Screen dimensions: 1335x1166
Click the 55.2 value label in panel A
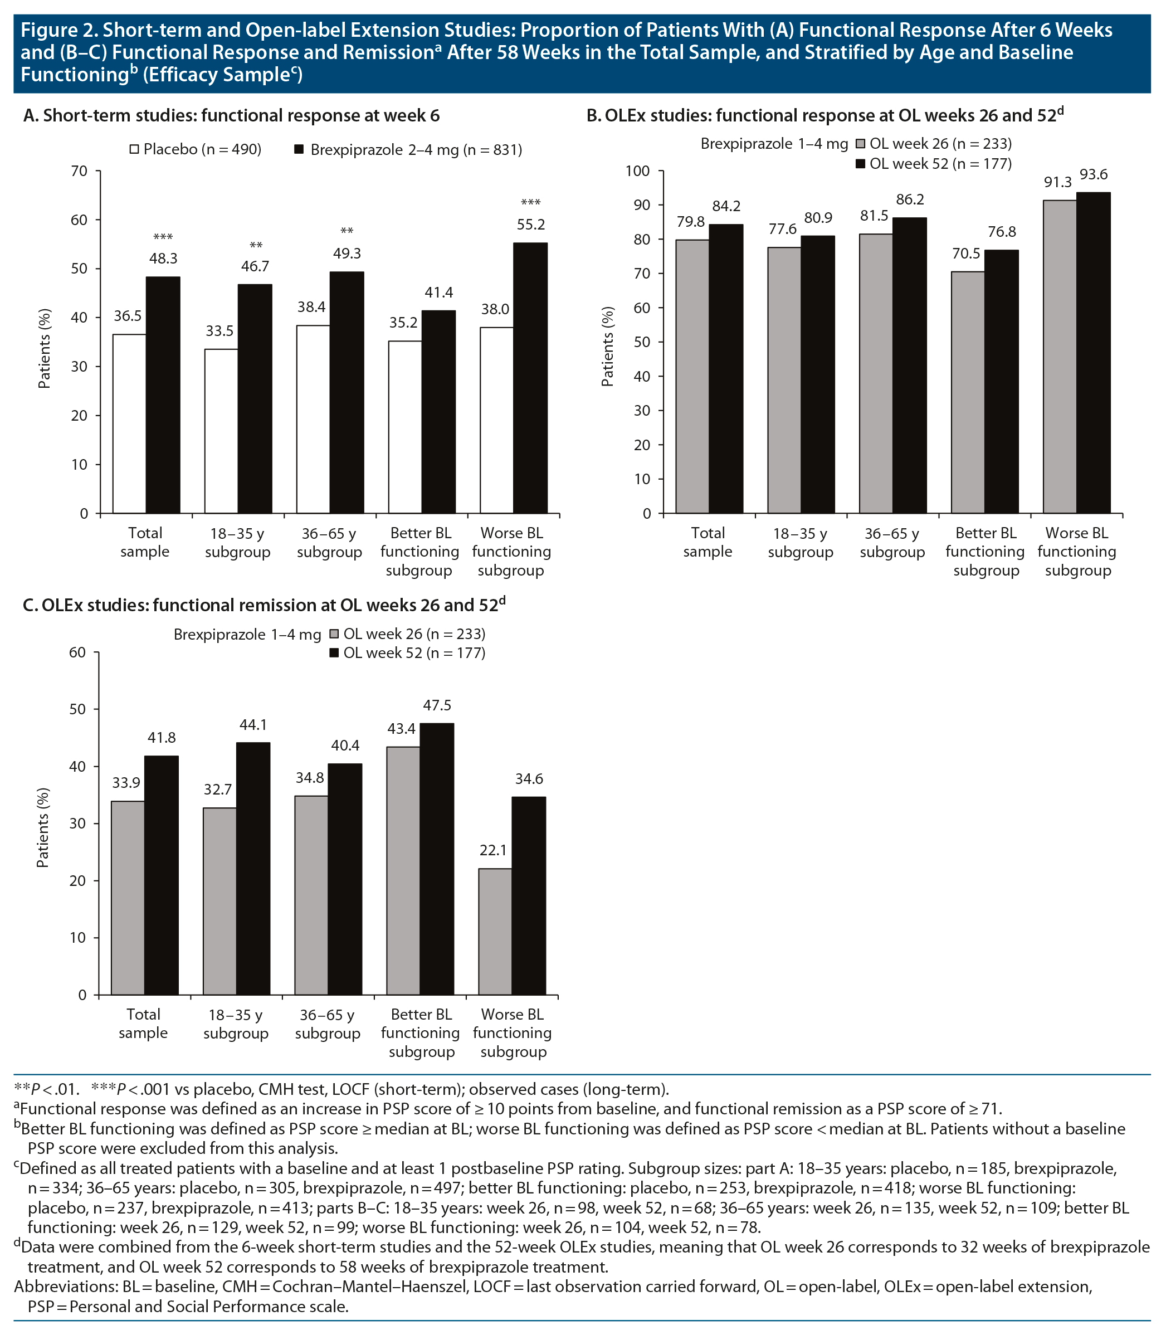click(x=530, y=225)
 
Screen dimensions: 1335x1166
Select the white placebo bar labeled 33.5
click(x=221, y=431)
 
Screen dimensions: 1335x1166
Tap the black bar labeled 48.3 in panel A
click(x=163, y=394)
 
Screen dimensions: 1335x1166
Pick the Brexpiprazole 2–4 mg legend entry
click(x=408, y=150)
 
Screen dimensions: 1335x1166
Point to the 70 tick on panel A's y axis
click(x=79, y=171)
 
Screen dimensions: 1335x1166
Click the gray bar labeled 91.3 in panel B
click(x=1059, y=357)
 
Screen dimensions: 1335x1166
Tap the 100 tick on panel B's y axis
click(x=637, y=171)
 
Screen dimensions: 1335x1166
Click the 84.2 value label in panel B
click(x=726, y=206)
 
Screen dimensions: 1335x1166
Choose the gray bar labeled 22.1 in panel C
click(x=495, y=931)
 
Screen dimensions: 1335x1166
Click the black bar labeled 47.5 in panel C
click(x=437, y=859)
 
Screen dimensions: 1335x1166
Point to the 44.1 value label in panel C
click(x=253, y=725)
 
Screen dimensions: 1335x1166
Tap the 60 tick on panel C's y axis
click(x=77, y=653)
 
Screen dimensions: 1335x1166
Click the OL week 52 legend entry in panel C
click(x=407, y=653)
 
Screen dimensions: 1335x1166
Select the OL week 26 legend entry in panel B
click(x=934, y=144)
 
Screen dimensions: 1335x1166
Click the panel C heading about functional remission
click(x=264, y=605)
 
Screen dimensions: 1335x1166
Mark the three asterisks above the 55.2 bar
click(x=530, y=202)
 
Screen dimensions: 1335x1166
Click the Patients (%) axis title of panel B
click(x=608, y=346)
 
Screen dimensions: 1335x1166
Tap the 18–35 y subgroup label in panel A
click(x=237, y=543)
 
